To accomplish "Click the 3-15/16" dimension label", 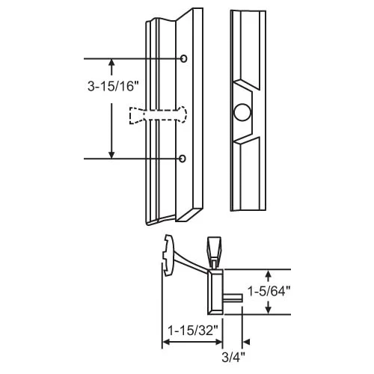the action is click(113, 87).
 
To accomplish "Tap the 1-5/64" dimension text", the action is click(269, 291).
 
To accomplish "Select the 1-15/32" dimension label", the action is click(193, 331).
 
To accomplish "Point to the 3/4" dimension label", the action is click(233, 358).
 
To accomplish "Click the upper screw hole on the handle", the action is click(183, 58).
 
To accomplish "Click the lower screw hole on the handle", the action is click(183, 159).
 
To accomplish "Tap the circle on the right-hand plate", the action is click(242, 112).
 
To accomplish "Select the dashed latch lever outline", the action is click(158, 115).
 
